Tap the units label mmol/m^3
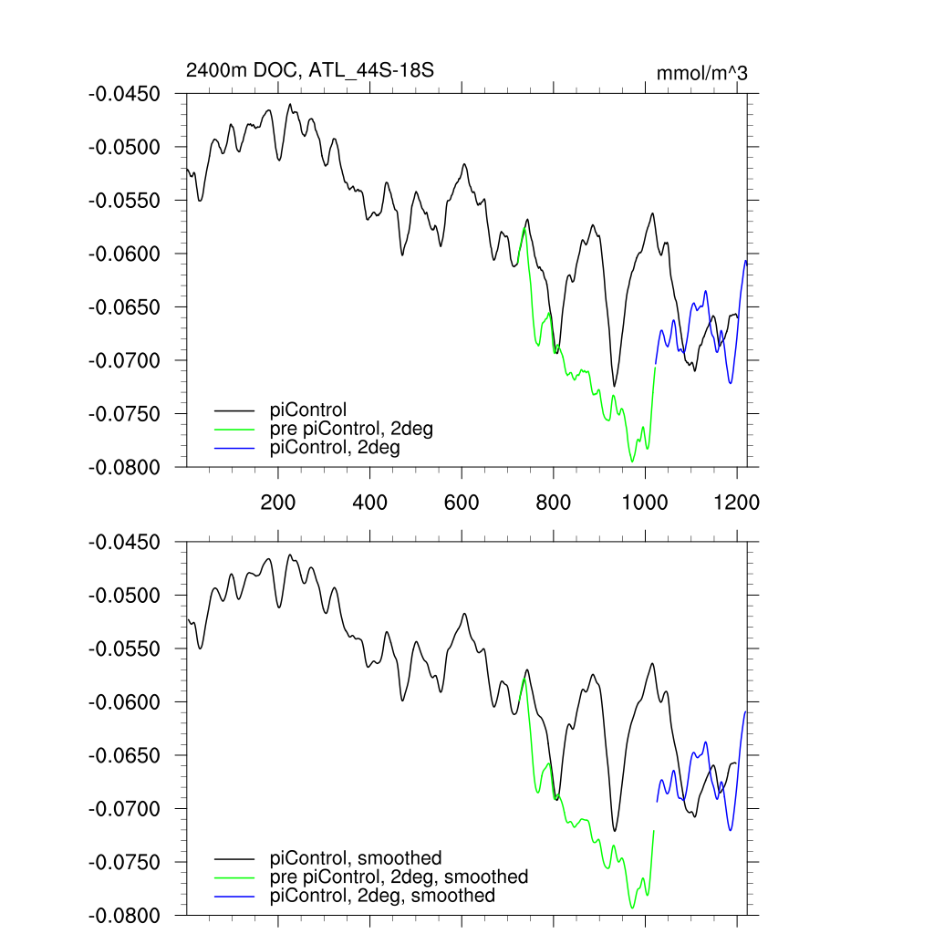(701, 73)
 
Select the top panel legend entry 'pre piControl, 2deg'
(351, 429)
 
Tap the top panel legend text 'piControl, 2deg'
(335, 448)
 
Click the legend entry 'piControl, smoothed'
(356, 857)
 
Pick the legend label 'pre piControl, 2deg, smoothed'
(399, 877)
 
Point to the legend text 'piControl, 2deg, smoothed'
(382, 896)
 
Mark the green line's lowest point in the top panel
(632, 462)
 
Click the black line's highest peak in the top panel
(290, 104)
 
